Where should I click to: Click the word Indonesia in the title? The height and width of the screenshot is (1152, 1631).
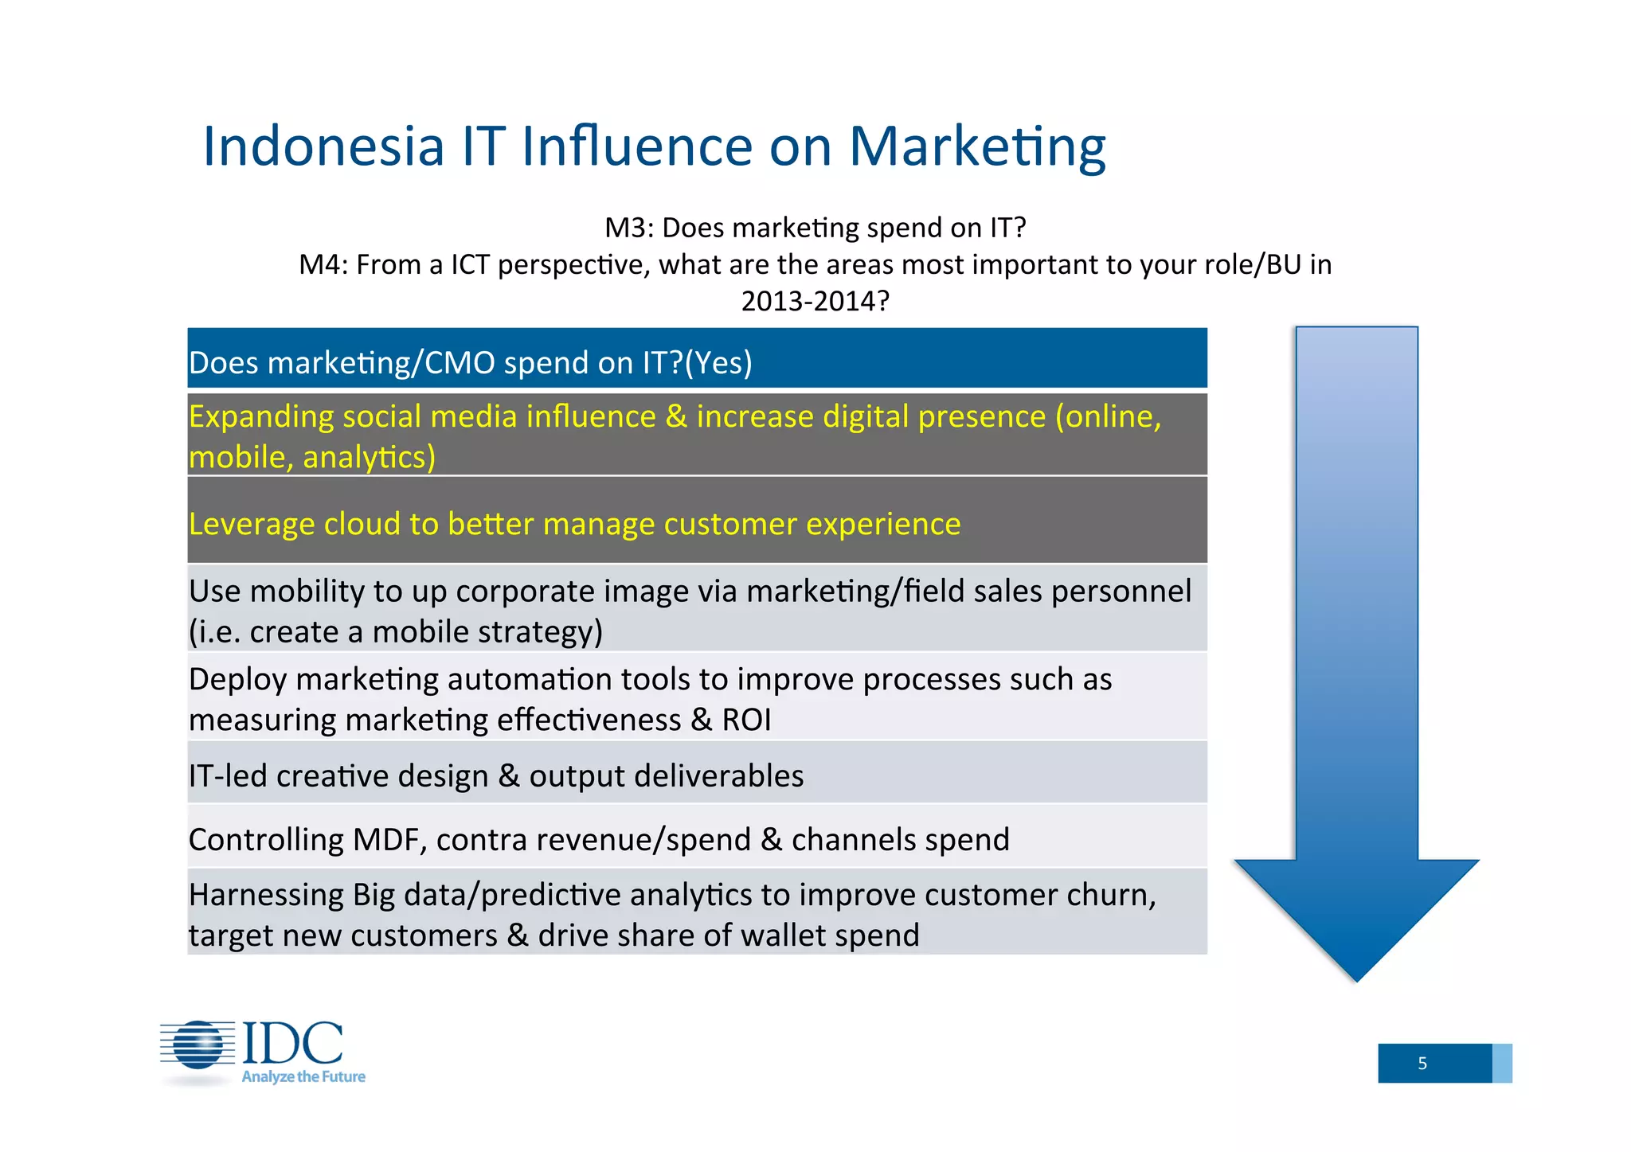pos(323,146)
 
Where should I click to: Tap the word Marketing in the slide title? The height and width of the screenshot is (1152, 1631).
pos(977,146)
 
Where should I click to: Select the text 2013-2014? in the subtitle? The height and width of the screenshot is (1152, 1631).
pos(815,301)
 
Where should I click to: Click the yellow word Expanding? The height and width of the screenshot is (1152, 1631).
pos(260,417)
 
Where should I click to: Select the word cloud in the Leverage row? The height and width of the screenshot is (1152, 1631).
pos(362,524)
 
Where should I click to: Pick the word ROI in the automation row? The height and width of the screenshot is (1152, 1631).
pos(746,720)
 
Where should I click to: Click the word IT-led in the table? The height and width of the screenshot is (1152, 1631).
pos(228,775)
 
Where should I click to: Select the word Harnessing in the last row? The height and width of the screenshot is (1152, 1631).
pos(266,895)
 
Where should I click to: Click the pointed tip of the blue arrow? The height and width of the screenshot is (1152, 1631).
pos(1356,978)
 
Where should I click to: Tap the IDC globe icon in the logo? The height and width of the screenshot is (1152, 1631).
pos(198,1045)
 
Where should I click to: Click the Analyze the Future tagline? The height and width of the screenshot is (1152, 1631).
pos(303,1077)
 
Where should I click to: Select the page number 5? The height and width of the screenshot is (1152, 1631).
pos(1422,1064)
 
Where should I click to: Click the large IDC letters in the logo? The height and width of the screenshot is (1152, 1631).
pos(292,1043)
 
